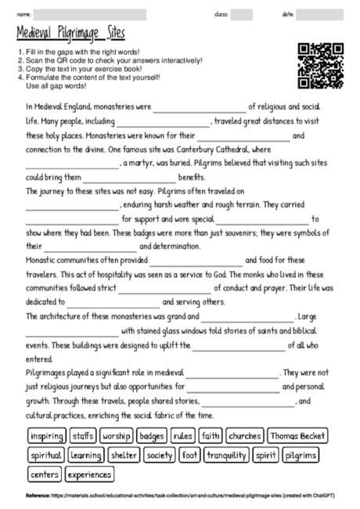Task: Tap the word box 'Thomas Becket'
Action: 298,435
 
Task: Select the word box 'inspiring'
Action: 46,435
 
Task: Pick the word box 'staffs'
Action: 83,435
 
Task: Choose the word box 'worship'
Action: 116,435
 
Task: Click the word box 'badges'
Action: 151,435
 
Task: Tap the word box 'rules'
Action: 182,435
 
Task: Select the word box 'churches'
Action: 245,435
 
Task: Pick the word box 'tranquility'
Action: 225,454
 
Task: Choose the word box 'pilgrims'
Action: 301,454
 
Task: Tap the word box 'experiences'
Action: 89,474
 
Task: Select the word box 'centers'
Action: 44,474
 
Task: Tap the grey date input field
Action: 325,14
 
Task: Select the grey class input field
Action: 242,14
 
